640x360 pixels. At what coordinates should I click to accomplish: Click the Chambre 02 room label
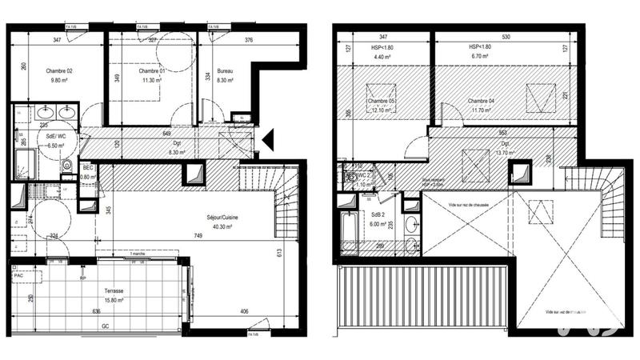58,71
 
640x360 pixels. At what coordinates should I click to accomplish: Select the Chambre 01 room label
151,71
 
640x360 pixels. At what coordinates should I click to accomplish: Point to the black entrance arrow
268,141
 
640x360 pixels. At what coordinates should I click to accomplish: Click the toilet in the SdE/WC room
68,166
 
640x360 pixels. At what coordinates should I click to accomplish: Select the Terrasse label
112,292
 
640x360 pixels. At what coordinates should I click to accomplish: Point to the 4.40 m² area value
381,58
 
